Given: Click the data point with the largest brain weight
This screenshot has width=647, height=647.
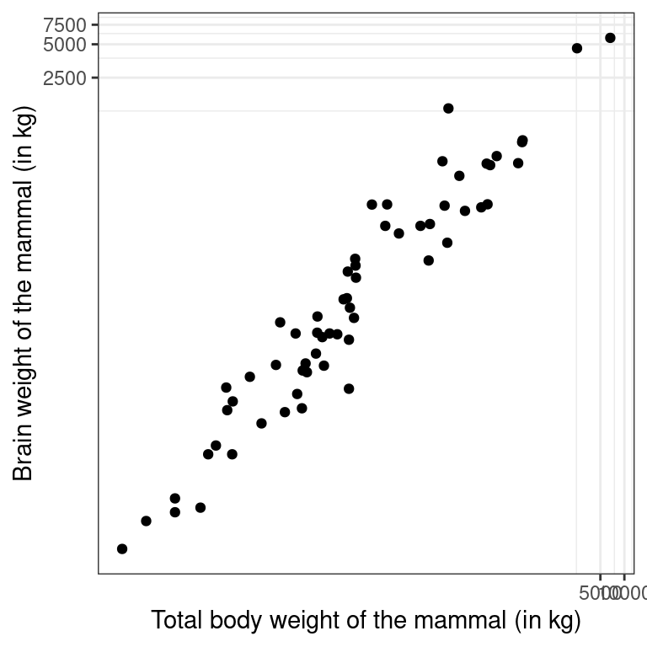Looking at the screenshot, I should coord(610,38).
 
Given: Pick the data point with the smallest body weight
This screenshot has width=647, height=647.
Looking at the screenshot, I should coord(122,548).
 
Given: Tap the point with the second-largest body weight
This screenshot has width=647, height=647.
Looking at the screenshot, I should coord(577,48).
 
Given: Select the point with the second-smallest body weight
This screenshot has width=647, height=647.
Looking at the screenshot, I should coord(146,521).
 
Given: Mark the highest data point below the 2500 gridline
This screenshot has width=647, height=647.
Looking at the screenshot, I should coord(448,108).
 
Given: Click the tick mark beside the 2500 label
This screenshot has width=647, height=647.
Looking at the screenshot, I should coord(95,78).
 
